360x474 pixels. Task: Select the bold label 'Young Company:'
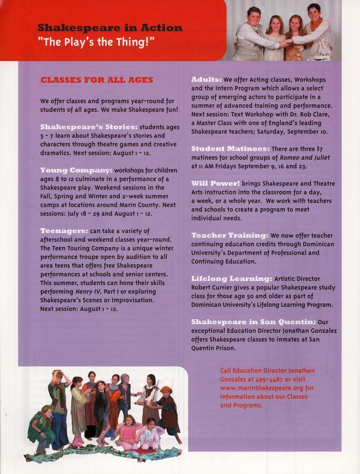[x=68, y=169]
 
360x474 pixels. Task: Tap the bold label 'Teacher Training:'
[x=228, y=235]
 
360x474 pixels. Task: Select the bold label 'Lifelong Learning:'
[x=231, y=278]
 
